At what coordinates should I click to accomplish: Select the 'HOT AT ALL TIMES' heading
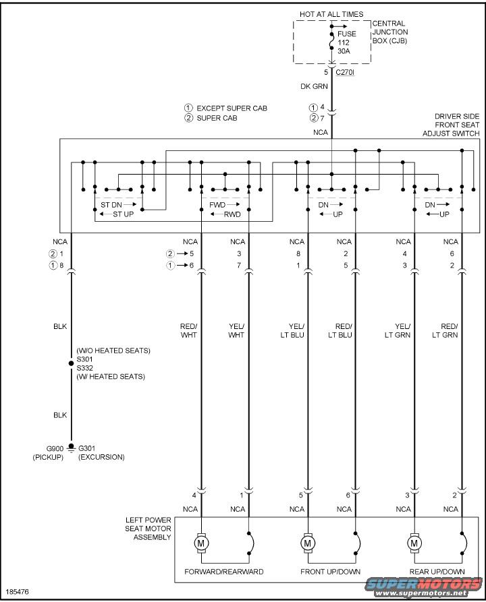coord(331,14)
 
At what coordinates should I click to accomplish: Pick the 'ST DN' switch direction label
coord(111,204)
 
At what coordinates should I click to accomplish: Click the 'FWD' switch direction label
coord(217,204)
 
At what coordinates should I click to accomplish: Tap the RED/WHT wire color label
coord(188,330)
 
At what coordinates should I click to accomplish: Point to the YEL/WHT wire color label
coord(236,330)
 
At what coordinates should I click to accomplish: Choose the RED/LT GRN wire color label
coord(445,330)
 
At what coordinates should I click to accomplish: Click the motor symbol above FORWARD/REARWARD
coord(201,543)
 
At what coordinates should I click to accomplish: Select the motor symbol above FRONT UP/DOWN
coord(308,543)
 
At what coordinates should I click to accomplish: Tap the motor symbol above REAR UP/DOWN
coord(414,543)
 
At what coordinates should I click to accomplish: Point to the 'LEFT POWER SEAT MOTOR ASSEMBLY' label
coord(148,529)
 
